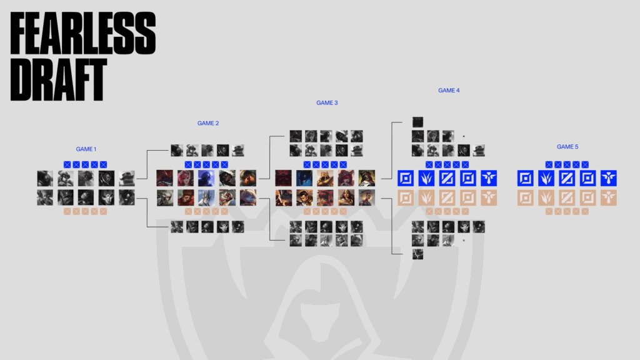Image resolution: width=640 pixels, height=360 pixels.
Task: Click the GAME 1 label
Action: click(x=86, y=149)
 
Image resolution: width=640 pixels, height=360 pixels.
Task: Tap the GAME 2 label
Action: click(x=208, y=123)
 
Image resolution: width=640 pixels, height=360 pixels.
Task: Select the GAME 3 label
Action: click(x=327, y=102)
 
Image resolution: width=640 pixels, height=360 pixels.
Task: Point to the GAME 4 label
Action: click(x=449, y=91)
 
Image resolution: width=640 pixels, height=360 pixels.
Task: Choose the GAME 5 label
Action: click(x=567, y=147)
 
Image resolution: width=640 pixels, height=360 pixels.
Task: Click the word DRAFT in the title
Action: click(x=57, y=80)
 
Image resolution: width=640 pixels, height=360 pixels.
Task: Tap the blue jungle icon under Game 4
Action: click(x=427, y=178)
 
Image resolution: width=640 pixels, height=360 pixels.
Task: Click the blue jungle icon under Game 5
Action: click(x=547, y=178)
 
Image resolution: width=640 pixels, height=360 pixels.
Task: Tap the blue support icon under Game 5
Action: click(x=609, y=178)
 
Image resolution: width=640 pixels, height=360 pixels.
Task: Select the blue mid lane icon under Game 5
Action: click(x=567, y=178)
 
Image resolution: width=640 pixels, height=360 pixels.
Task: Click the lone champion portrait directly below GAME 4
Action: click(x=417, y=122)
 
